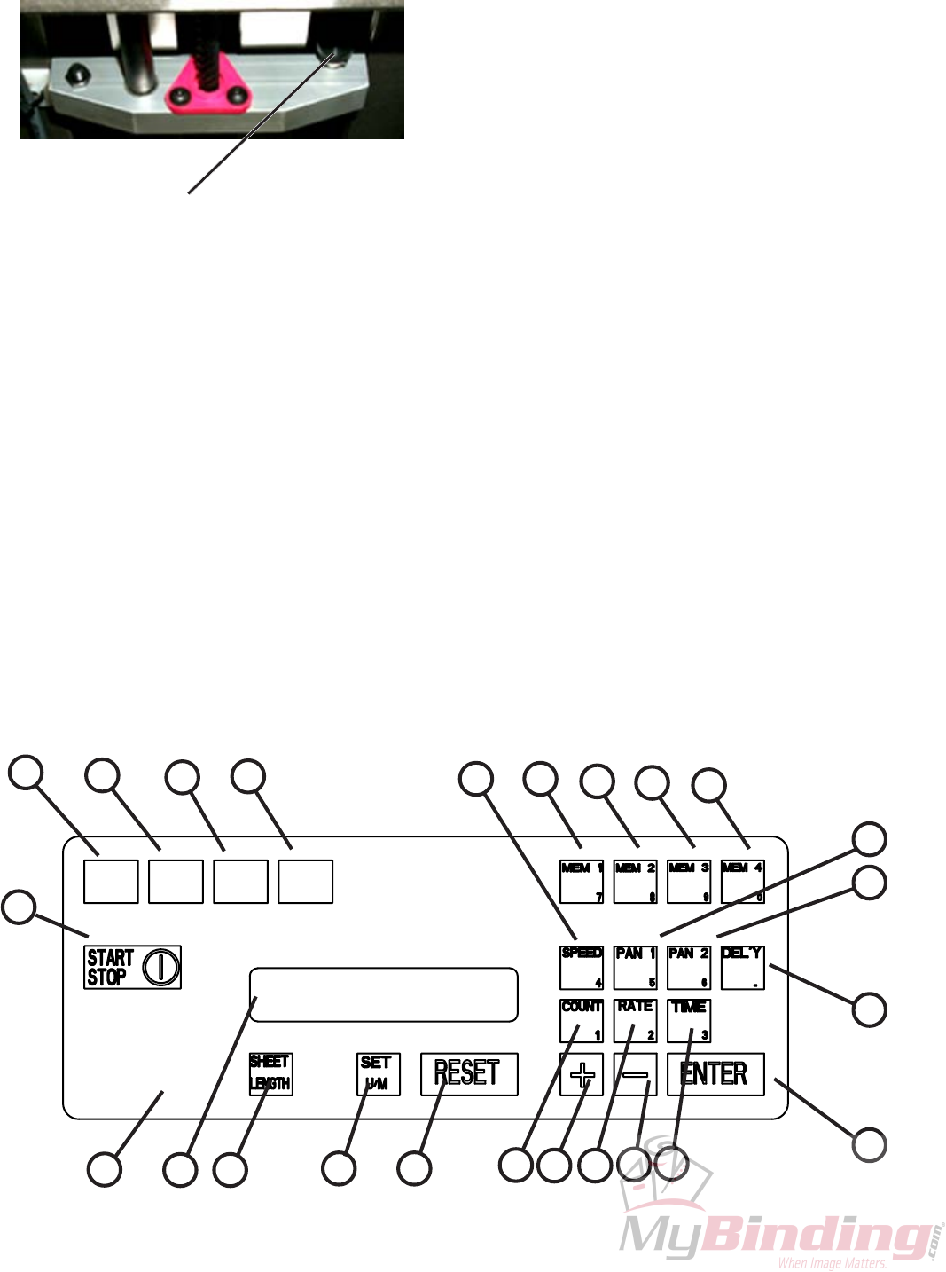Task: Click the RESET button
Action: (469, 1074)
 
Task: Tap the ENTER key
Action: (715, 1074)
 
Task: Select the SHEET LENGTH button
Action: (270, 1074)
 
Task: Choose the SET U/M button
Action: (378, 1074)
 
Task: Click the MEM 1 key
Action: (582, 881)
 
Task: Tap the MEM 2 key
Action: (635, 881)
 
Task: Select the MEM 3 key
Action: (689, 881)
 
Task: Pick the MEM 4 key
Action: (742, 881)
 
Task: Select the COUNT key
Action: (582, 1021)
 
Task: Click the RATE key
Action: (635, 1021)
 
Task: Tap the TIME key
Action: (689, 1021)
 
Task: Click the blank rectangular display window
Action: (383, 994)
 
